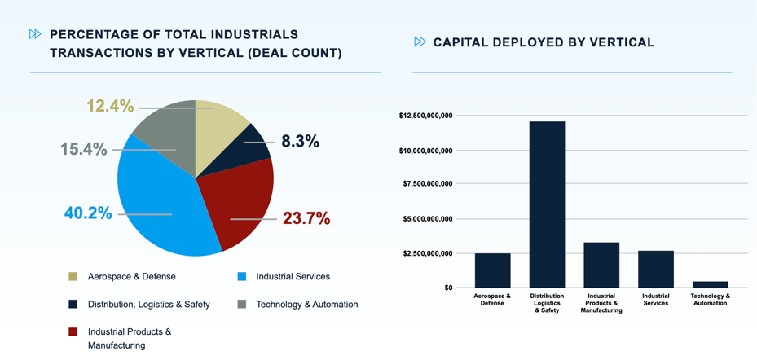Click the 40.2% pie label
coord(88,213)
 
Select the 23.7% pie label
coord(306,218)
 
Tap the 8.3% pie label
coord(300,142)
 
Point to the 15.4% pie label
coord(83,149)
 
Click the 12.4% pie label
coord(110,106)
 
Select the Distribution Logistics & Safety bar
coord(547,204)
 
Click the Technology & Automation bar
coord(710,284)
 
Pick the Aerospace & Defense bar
coord(492,270)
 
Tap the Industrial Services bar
coord(655,269)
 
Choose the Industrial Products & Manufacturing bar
coord(601,265)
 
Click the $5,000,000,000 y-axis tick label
coord(427,218)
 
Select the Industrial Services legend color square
coord(242,277)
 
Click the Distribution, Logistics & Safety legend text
coord(149,305)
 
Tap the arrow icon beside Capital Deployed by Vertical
coord(420,42)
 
